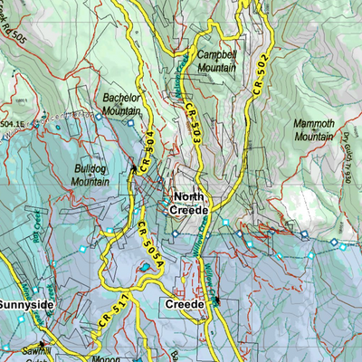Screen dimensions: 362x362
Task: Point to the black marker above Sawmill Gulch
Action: (42, 343)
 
